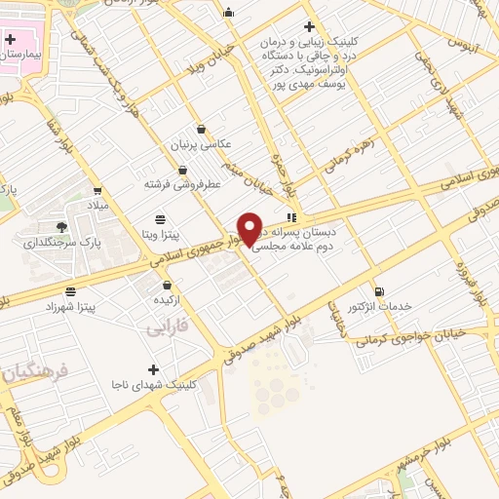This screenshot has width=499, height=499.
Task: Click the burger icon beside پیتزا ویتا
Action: [x=160, y=219]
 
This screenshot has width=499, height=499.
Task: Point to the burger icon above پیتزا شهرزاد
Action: [x=70, y=291]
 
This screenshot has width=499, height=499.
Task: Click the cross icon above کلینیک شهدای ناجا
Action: [x=153, y=369]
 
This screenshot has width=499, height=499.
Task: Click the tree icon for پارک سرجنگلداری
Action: [x=62, y=227]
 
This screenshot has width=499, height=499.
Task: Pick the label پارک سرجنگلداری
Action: [x=61, y=243]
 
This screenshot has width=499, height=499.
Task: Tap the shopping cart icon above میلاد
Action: [x=96, y=190]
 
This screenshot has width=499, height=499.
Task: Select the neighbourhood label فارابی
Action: [x=166, y=329]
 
